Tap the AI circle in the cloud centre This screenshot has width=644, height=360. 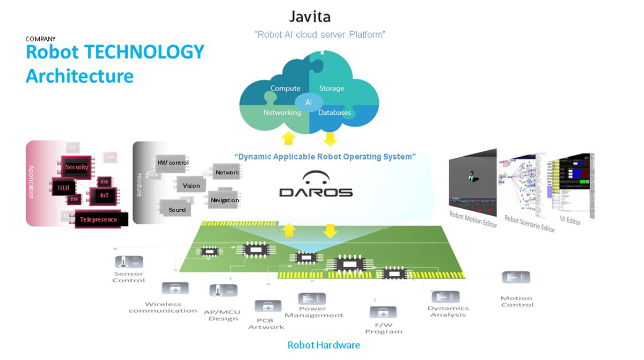(309, 102)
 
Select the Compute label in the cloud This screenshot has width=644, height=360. (285, 89)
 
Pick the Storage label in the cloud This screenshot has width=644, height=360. (332, 89)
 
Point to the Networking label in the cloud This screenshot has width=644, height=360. (282, 113)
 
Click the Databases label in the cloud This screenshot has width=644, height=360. (334, 113)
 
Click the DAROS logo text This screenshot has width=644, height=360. (316, 192)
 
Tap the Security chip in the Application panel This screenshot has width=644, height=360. (76, 167)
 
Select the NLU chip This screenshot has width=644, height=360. (63, 188)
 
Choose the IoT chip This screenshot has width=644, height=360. (104, 195)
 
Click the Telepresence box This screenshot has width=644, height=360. (101, 219)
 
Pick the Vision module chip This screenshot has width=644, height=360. (191, 186)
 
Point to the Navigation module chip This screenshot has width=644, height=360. (224, 200)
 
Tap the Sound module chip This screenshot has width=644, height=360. (177, 210)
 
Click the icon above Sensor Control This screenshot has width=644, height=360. (129, 262)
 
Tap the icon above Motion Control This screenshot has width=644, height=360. (516, 278)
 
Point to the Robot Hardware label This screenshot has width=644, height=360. (324, 345)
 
